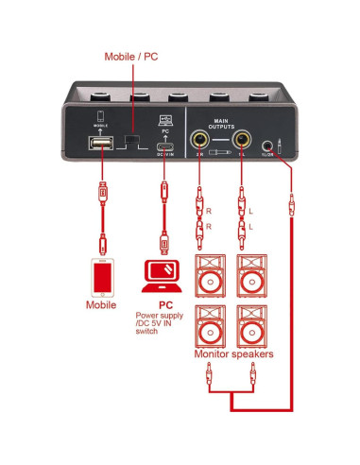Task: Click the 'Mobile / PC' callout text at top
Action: (x=132, y=58)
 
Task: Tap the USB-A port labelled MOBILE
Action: (x=100, y=143)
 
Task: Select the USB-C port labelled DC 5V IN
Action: (x=165, y=145)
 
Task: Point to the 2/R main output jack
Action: (x=200, y=139)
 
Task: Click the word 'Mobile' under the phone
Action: (x=101, y=306)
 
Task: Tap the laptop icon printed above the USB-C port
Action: (x=165, y=119)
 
